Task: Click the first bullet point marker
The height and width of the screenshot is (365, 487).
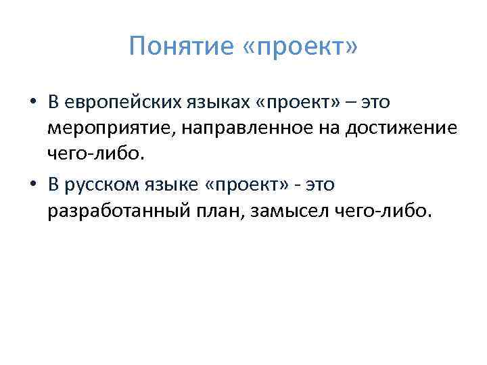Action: pyautogui.click(x=32, y=102)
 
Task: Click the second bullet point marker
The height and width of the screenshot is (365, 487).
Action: pyautogui.click(x=32, y=185)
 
